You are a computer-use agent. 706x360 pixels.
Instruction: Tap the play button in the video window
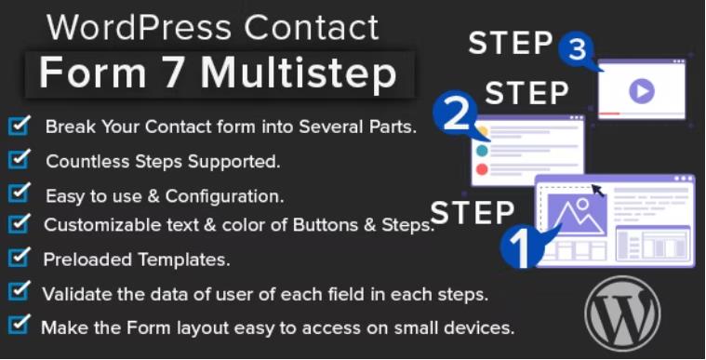pos(641,91)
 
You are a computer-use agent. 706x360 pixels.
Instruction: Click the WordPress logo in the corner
pos(621,312)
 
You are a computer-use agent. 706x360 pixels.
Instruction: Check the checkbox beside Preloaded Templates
pos(19,257)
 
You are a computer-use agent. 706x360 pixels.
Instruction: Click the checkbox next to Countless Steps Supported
pos(19,160)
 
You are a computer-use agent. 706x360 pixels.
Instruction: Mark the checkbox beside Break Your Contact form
pos(19,126)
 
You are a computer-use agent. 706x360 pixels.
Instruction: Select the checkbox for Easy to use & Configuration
pos(19,193)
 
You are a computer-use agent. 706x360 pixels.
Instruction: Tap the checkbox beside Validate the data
pos(19,292)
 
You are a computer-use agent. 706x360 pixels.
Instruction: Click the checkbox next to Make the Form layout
pos(19,326)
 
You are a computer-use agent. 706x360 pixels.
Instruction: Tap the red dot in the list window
pos(481,169)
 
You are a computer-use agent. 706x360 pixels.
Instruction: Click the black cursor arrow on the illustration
pos(596,190)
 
